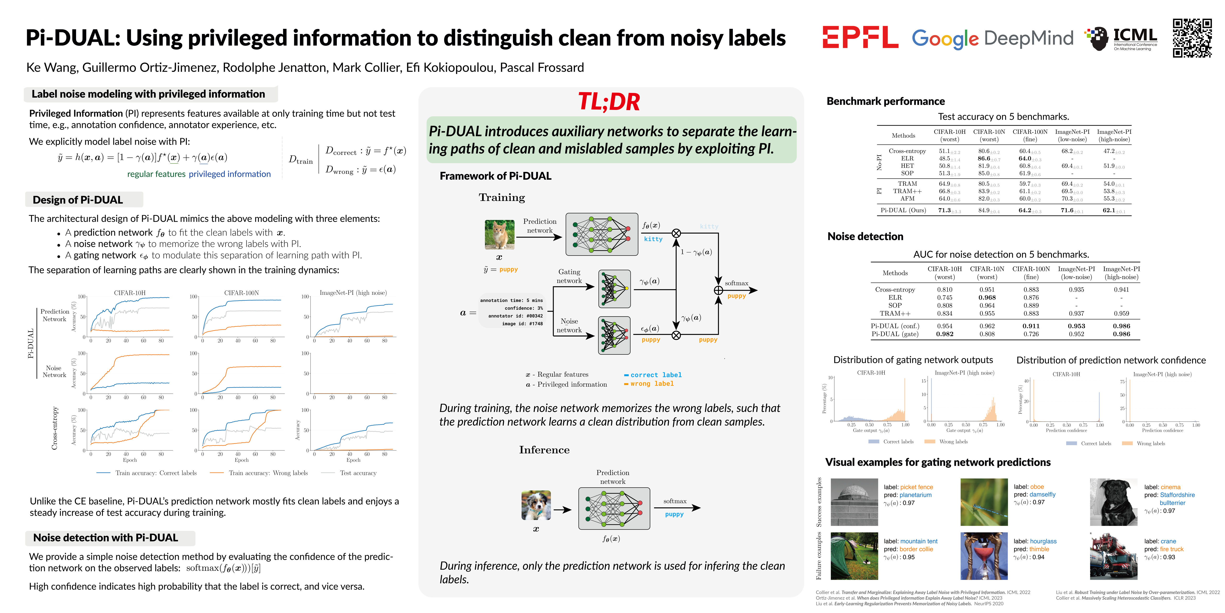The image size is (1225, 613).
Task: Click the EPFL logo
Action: [860, 38]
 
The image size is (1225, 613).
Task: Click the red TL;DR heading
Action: [609, 102]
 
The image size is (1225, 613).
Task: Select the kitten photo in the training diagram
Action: [499, 235]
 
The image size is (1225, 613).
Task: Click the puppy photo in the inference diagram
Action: [536, 505]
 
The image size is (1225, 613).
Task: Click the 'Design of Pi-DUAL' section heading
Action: [78, 200]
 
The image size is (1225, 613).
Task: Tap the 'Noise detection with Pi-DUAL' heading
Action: [106, 538]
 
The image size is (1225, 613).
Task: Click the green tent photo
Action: [854, 556]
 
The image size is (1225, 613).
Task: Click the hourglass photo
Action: [984, 556]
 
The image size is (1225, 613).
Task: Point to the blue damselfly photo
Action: [984, 502]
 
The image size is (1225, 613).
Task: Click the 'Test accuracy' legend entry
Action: [358, 473]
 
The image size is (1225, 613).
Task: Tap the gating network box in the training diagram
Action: [614, 289]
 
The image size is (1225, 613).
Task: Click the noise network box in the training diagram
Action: [614, 335]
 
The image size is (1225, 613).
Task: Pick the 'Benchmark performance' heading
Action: [885, 101]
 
